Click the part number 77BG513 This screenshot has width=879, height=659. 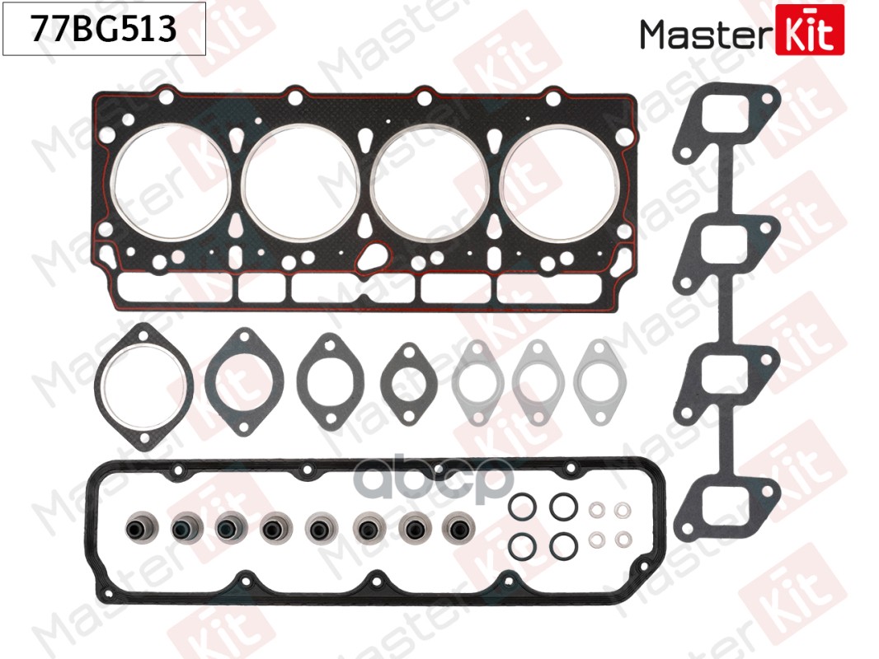click(x=104, y=30)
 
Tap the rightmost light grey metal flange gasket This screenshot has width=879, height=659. click(x=599, y=378)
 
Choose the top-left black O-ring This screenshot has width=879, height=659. click(x=521, y=507)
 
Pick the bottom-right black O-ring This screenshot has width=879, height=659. click(x=562, y=544)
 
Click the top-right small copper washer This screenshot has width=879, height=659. click(x=624, y=510)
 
